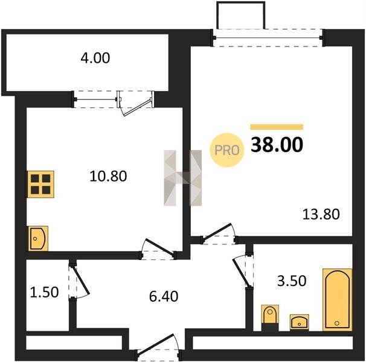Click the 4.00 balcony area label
pyautogui.click(x=95, y=58)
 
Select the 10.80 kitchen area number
pyautogui.click(x=108, y=176)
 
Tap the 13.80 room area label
pyautogui.click(x=321, y=214)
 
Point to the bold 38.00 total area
pyautogui.click(x=277, y=145)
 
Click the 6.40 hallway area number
pyautogui.click(x=164, y=296)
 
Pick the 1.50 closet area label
pyautogui.click(x=44, y=292)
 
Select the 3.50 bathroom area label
pyautogui.click(x=292, y=281)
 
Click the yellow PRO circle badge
pyautogui.click(x=227, y=150)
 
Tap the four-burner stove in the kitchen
pyautogui.click(x=40, y=184)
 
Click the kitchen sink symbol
pyautogui.click(x=38, y=238)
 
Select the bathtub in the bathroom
pyautogui.click(x=337, y=300)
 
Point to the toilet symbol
pyautogui.click(x=270, y=317)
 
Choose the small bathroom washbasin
pyautogui.click(x=299, y=322)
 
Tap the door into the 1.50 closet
pyautogui.click(x=79, y=281)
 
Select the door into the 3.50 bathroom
pyautogui.click(x=243, y=271)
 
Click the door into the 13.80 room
pyautogui.click(x=218, y=233)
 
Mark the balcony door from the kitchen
pyautogui.click(x=136, y=103)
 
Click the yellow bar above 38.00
pyautogui.click(x=277, y=127)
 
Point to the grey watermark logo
pyautogui.click(x=183, y=178)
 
